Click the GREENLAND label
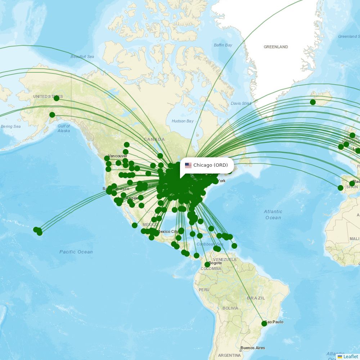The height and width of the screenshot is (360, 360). (x=276, y=47)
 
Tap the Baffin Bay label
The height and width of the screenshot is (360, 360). (x=223, y=45)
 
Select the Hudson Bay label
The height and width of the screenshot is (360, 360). (x=183, y=121)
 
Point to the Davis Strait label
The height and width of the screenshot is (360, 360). (x=241, y=104)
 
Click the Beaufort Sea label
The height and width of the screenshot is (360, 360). (x=82, y=57)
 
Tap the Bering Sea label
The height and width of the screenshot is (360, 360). (x=10, y=127)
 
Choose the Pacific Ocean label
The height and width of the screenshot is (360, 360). (x=76, y=252)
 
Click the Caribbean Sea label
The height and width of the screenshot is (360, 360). (x=210, y=244)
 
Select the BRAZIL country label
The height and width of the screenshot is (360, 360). (x=256, y=298)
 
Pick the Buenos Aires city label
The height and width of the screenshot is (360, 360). (x=253, y=348)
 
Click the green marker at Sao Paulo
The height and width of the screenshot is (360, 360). (x=264, y=324)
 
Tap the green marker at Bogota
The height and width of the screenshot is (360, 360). (x=207, y=265)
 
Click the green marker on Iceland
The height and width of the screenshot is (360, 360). (x=313, y=102)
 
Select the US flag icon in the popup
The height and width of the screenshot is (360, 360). (x=188, y=165)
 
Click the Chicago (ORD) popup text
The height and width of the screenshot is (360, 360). (x=211, y=165)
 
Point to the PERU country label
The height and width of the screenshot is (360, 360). (x=204, y=290)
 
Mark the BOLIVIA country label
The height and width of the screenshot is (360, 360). (x=230, y=309)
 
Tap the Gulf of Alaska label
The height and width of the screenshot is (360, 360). (x=64, y=129)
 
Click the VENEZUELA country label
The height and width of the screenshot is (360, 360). (x=225, y=260)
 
